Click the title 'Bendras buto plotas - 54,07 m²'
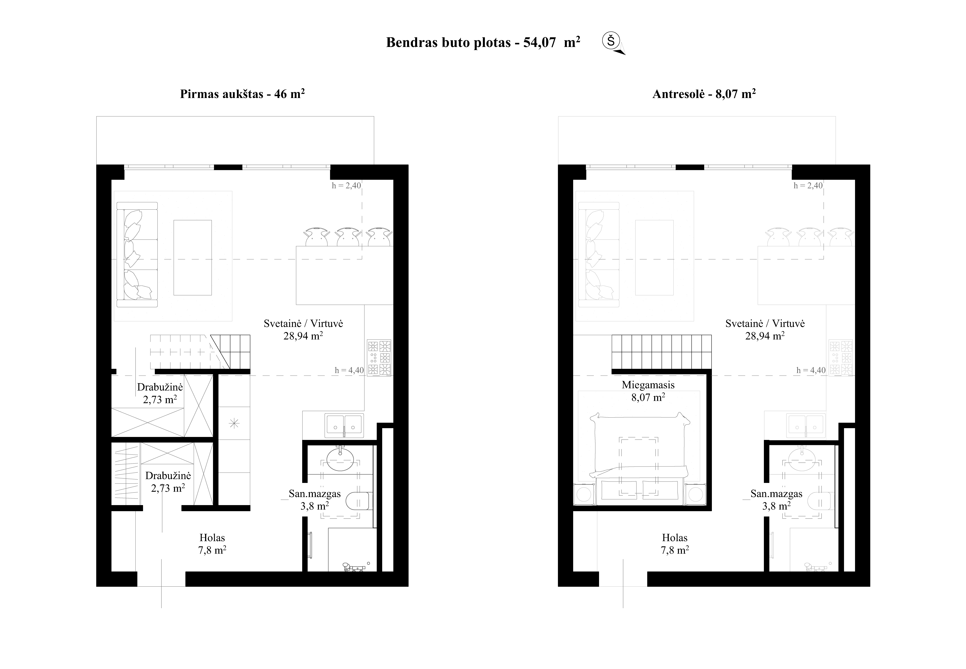[x=483, y=42]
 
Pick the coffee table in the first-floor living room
[x=193, y=257]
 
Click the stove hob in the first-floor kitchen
[x=379, y=358]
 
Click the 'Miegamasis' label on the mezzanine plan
[x=648, y=385]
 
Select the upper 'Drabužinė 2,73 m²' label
[x=160, y=393]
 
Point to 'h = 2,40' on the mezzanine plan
[x=808, y=185]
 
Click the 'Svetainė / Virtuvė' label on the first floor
[x=303, y=324]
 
